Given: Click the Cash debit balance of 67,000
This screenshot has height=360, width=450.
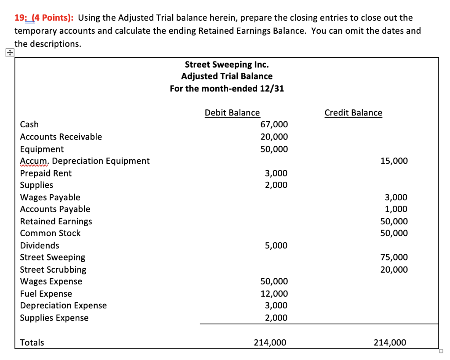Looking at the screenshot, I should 274,125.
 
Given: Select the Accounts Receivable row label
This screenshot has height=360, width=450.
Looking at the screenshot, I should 61,137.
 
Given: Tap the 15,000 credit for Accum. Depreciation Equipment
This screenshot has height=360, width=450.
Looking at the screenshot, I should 394,161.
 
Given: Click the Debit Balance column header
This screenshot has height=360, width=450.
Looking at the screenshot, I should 232,113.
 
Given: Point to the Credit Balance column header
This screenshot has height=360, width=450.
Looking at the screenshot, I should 353,113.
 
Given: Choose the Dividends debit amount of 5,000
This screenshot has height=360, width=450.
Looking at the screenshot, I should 276,246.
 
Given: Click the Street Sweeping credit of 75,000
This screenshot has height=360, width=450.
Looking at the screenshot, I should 394,258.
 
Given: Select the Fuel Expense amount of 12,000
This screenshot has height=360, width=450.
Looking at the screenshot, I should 274,294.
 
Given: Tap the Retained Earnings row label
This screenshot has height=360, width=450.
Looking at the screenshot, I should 56,222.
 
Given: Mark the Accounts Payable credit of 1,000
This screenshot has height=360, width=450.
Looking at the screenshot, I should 396,209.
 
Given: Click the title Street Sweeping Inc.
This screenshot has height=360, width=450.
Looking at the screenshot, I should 227,65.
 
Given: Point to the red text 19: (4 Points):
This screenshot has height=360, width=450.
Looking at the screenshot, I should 44,18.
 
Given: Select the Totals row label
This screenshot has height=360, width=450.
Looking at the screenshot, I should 32,342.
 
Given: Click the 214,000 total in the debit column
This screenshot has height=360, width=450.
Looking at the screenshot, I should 270,342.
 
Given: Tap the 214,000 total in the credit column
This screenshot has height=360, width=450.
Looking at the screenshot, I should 390,342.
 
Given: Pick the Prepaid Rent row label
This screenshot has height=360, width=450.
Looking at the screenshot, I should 46,173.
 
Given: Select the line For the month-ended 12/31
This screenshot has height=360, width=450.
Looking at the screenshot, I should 227,89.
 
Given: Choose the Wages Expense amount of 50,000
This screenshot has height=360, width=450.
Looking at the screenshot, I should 274,282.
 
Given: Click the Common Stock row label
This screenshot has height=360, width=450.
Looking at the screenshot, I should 51,234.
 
